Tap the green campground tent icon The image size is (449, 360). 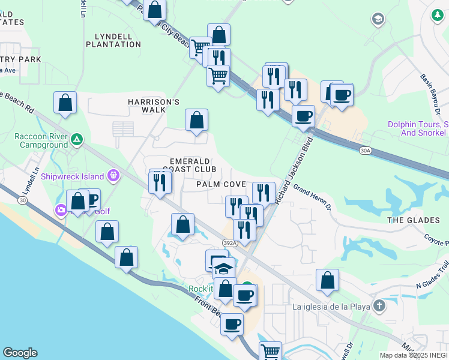coord(76,140)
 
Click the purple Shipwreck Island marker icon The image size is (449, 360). coord(115,176)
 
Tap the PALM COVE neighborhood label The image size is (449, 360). coord(221,184)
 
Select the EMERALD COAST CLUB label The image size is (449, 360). coord(190,166)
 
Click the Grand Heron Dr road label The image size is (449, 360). coord(312,198)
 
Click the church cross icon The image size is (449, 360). coord(379,306)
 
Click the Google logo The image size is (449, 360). coord(20,353)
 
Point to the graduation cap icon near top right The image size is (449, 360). coord(378,19)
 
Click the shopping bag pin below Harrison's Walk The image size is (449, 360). coord(196,121)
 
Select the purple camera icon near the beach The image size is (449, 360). coord(61,210)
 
